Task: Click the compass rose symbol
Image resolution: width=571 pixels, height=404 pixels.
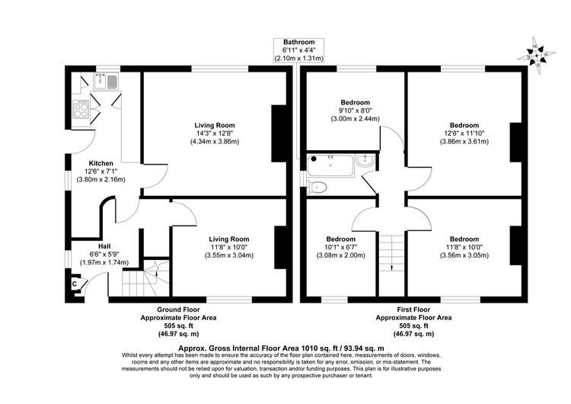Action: [x=537, y=56]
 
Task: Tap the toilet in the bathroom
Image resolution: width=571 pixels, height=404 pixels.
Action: [x=317, y=187]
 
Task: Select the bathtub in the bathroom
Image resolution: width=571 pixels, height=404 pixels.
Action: [x=330, y=166]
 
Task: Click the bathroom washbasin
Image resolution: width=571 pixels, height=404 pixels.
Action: [x=365, y=161]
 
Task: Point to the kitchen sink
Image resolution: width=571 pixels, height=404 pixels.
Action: [x=105, y=82]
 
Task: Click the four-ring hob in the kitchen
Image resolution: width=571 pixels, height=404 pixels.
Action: [x=81, y=110]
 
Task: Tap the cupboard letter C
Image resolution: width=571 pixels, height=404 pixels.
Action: [x=75, y=284]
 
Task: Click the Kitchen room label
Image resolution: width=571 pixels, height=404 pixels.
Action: [x=100, y=163]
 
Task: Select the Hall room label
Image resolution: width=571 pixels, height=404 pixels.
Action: [x=104, y=246]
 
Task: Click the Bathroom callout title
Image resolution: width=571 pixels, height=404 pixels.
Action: [x=299, y=42]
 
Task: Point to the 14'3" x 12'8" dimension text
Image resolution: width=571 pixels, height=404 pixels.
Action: [x=215, y=133]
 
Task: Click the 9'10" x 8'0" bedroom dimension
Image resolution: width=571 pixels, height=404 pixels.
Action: [x=355, y=111]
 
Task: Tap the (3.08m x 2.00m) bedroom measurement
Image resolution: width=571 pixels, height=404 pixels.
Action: [x=340, y=255]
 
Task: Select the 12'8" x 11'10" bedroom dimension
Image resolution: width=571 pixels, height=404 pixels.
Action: [x=464, y=133]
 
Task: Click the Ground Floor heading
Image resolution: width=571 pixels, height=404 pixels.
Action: [x=178, y=309]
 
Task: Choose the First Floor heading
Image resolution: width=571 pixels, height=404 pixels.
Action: [x=413, y=309]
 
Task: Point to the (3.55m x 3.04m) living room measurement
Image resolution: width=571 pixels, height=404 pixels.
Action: [x=229, y=255]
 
